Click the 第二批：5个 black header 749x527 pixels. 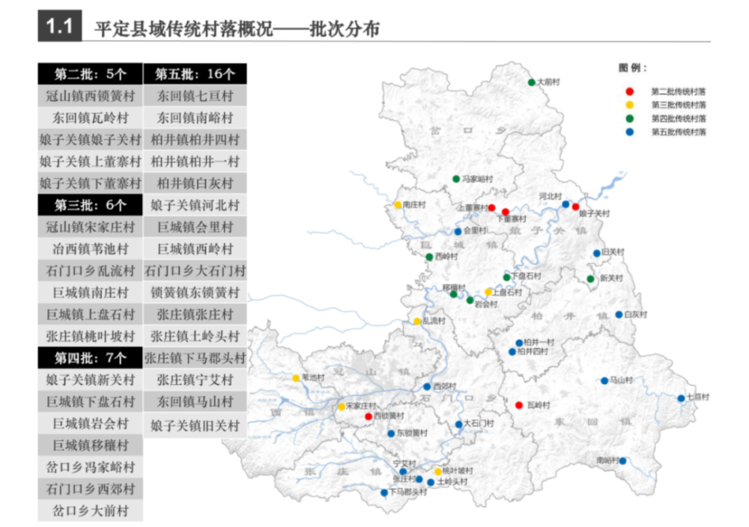point(90,74)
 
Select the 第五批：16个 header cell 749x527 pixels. point(195,74)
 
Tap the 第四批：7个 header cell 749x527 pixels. point(90,357)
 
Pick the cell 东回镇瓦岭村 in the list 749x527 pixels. point(90,118)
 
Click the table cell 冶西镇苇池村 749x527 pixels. point(90,249)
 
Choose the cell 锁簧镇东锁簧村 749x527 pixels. point(195,292)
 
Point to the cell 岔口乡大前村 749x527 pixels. point(90,511)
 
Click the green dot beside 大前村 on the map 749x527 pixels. point(530,82)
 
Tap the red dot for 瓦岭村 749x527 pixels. point(518,405)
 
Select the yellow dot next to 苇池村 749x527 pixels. point(296,378)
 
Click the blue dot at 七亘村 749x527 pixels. point(681,397)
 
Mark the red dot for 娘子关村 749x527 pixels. point(575,207)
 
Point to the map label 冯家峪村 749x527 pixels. point(477,179)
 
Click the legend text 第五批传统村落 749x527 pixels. point(679,132)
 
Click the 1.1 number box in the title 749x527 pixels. point(59,28)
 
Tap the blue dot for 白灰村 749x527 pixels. point(619,314)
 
